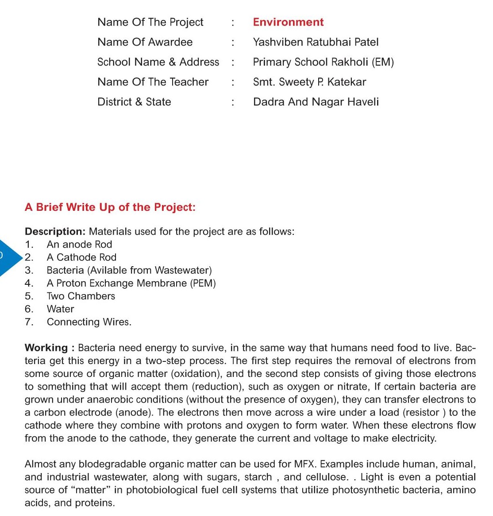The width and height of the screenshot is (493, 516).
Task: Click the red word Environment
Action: (288, 22)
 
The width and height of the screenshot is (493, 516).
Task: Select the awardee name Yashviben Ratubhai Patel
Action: (316, 42)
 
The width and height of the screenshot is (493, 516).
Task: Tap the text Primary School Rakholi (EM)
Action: (323, 62)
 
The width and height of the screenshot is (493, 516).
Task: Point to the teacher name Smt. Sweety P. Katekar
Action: (309, 82)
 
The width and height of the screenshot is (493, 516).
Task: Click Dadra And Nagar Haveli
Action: (316, 102)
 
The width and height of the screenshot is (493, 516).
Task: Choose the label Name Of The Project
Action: (150, 22)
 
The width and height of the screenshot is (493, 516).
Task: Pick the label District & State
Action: (134, 102)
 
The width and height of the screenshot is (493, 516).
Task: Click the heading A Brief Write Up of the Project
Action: (110, 207)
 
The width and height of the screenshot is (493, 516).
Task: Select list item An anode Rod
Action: (79, 244)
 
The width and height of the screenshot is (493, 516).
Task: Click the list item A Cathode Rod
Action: (81, 257)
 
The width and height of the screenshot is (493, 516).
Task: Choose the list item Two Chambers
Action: (81, 296)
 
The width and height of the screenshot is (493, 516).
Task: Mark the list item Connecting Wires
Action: (89, 322)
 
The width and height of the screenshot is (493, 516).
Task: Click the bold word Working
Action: (46, 348)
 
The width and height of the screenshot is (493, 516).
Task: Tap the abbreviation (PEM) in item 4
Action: (203, 283)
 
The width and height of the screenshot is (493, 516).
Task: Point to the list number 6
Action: (29, 309)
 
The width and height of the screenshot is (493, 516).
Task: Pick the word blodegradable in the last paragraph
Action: (112, 464)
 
